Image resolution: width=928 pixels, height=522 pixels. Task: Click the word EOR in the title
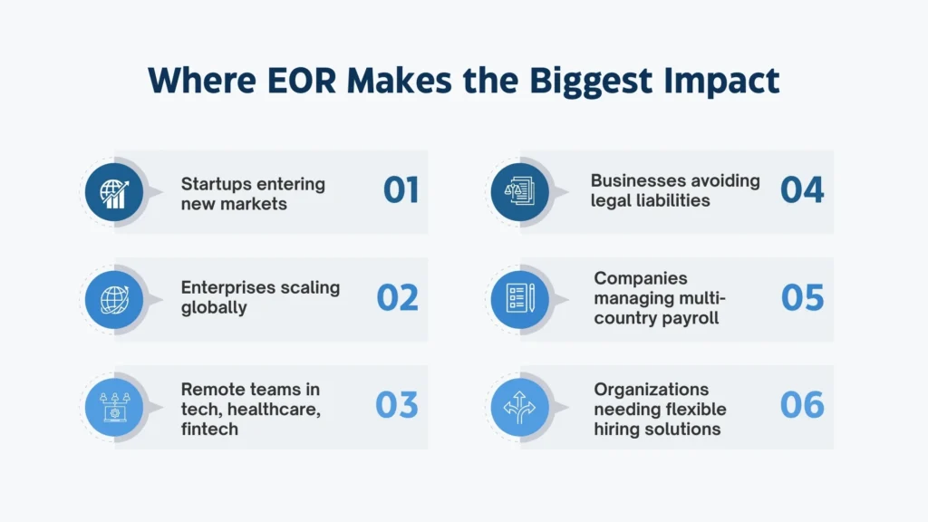point(302,81)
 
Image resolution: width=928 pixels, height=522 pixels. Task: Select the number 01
point(401,190)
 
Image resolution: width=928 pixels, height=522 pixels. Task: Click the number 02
point(397,297)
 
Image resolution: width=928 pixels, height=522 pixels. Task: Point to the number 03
point(397,405)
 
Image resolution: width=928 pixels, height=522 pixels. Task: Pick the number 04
point(802,190)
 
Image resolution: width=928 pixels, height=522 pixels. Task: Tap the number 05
point(802,297)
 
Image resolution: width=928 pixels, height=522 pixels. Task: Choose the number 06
point(802,405)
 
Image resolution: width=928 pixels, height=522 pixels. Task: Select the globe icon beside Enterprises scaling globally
point(114,299)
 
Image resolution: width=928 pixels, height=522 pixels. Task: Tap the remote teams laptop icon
point(114,407)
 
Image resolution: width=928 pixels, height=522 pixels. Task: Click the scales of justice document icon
point(519,192)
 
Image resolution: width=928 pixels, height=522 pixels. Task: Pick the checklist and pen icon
point(520,298)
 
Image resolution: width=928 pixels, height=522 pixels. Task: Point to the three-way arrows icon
point(519,407)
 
